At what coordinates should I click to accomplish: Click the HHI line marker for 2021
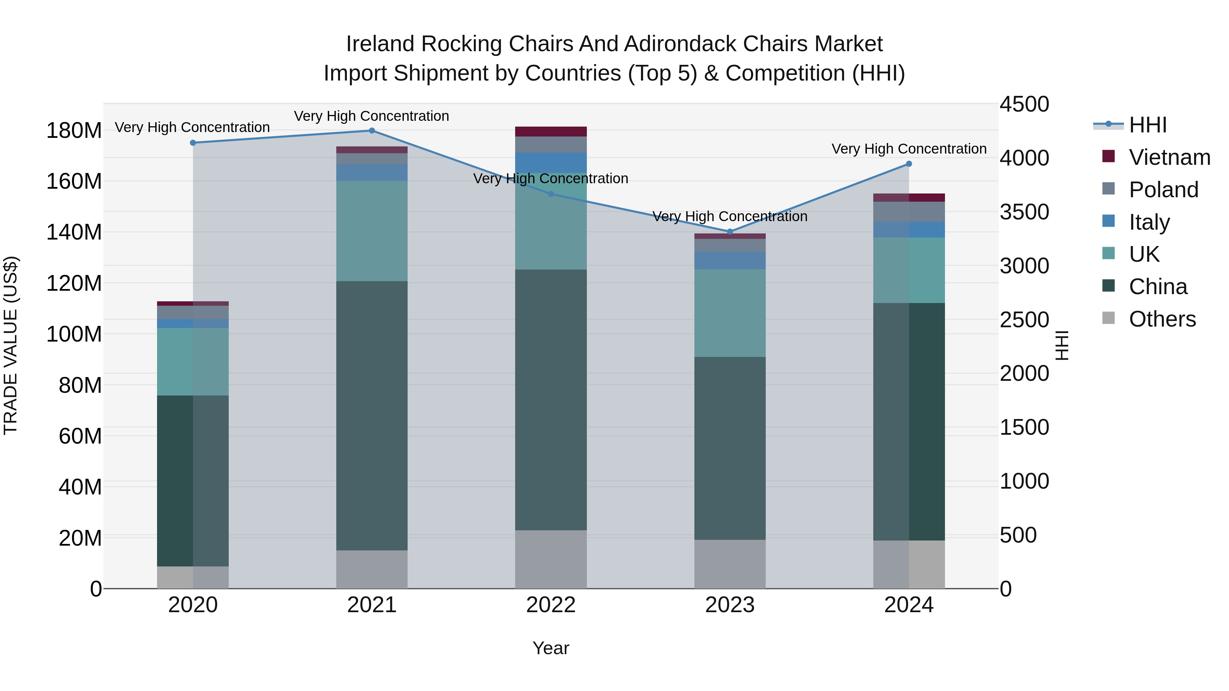[x=372, y=131]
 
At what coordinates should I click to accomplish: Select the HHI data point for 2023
[x=730, y=232]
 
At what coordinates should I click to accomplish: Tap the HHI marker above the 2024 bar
[x=908, y=164]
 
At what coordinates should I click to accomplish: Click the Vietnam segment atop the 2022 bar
[x=551, y=132]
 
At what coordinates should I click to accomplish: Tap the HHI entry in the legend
[x=1147, y=125]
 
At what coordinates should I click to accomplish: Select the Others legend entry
[x=1162, y=319]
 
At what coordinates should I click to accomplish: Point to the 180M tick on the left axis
[x=74, y=131]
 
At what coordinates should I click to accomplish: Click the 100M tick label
[x=74, y=334]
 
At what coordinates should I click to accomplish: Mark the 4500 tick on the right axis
[x=1024, y=104]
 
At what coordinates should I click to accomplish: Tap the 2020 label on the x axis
[x=193, y=605]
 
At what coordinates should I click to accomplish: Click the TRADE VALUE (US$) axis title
[x=11, y=345]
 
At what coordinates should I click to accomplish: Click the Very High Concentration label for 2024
[x=908, y=149]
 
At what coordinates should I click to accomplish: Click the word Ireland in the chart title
[x=380, y=44]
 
